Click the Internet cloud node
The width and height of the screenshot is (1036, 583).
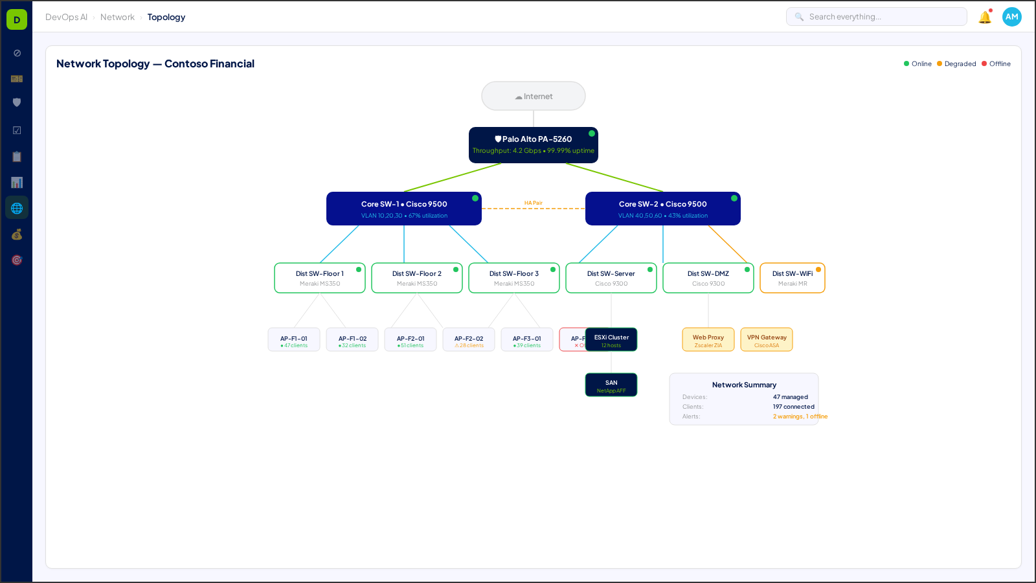(533, 96)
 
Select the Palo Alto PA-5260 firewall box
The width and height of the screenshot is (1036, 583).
(533, 144)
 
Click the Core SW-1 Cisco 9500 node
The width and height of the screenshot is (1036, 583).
(403, 209)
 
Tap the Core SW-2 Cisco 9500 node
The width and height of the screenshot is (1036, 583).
(662, 209)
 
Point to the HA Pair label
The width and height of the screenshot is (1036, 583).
(533, 203)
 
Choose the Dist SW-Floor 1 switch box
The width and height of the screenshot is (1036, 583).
(319, 278)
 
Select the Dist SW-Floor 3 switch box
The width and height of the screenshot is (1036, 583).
(513, 278)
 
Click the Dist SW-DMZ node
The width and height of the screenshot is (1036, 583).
(708, 278)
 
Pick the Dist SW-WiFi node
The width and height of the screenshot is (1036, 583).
(792, 278)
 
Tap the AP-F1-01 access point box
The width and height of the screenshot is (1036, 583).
(293, 339)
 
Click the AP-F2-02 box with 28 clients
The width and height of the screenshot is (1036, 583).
(468, 339)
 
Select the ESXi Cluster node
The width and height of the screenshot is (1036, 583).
(611, 339)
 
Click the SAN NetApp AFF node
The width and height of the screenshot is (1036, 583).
(611, 385)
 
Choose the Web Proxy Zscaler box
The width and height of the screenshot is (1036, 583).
(708, 339)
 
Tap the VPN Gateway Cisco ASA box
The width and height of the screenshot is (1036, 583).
(766, 339)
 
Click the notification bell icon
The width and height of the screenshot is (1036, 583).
(984, 17)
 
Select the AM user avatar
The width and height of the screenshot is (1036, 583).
(1011, 17)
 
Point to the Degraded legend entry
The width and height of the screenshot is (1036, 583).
(956, 63)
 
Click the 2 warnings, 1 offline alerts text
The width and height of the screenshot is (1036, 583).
(800, 417)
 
